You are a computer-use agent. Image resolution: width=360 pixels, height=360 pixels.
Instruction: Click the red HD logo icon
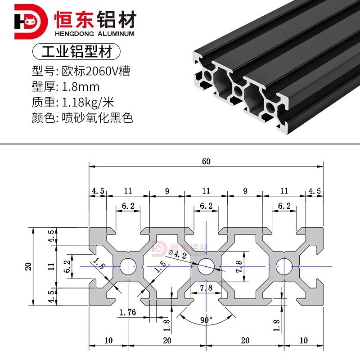pyautogui.click(x=30, y=22)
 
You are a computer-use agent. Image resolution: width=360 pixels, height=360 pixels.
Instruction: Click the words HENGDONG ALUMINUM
pyautogui.click(x=94, y=34)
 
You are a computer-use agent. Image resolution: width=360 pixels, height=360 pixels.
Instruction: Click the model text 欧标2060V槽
pyautogui.click(x=95, y=71)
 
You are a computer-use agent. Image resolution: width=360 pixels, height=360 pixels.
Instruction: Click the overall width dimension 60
pyautogui.click(x=206, y=162)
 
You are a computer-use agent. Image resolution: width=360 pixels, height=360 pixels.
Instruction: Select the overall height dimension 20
pyautogui.click(x=28, y=266)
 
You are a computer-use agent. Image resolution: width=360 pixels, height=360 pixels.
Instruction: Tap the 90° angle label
pyautogui.click(x=207, y=320)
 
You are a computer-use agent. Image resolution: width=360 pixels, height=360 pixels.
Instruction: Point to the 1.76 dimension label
pyautogui.click(x=128, y=312)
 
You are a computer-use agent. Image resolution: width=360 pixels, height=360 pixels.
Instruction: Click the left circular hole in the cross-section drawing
pyautogui.click(x=128, y=266)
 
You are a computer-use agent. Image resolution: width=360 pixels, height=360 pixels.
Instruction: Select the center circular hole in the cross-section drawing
pyautogui.click(x=206, y=266)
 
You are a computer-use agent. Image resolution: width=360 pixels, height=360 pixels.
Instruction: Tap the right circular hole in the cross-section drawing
pyautogui.click(x=284, y=266)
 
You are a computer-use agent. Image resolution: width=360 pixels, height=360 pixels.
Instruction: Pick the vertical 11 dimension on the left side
pyautogui.click(x=52, y=266)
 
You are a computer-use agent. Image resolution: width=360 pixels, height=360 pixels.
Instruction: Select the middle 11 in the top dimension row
pyautogui.click(x=206, y=191)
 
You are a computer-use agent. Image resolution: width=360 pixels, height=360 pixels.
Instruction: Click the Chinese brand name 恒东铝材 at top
pyautogui.click(x=94, y=18)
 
